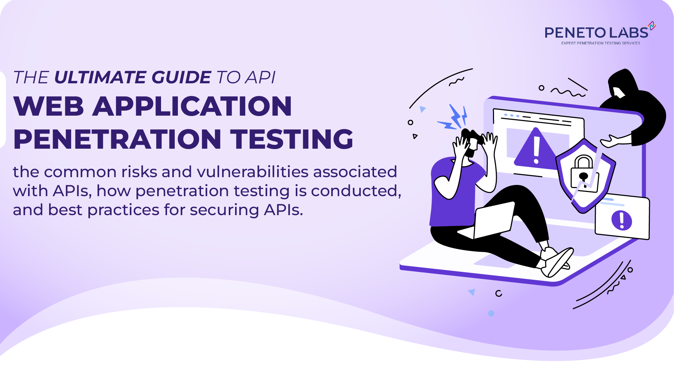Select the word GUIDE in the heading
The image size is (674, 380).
(x=181, y=77)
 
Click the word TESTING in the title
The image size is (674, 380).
(x=292, y=139)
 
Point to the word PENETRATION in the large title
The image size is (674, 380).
(x=117, y=139)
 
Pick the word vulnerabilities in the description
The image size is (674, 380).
(x=253, y=172)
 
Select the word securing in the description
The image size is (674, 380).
(x=224, y=210)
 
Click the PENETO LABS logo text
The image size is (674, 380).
(x=596, y=33)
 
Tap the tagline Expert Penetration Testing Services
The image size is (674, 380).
(x=601, y=43)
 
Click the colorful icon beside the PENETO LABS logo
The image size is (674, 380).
(x=652, y=26)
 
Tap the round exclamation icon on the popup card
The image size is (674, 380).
(x=622, y=220)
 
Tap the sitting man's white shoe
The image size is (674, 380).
(x=558, y=262)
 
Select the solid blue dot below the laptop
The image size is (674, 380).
(x=491, y=313)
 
